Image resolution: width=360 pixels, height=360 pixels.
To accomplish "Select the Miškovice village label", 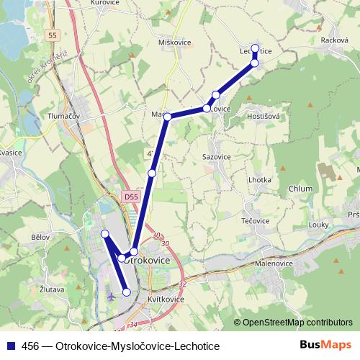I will point(174,42).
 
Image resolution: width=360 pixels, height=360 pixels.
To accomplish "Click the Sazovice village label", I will point(217,156).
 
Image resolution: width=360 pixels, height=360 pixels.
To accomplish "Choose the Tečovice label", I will point(255,220).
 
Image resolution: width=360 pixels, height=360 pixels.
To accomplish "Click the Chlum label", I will point(300,189).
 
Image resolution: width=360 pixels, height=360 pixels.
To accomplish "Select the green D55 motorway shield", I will point(130,196).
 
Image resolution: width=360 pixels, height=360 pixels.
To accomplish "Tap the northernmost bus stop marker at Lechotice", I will point(255,48).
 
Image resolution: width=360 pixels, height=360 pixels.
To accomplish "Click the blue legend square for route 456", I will point(11,346).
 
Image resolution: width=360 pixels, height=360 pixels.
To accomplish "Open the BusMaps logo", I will point(325,345).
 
